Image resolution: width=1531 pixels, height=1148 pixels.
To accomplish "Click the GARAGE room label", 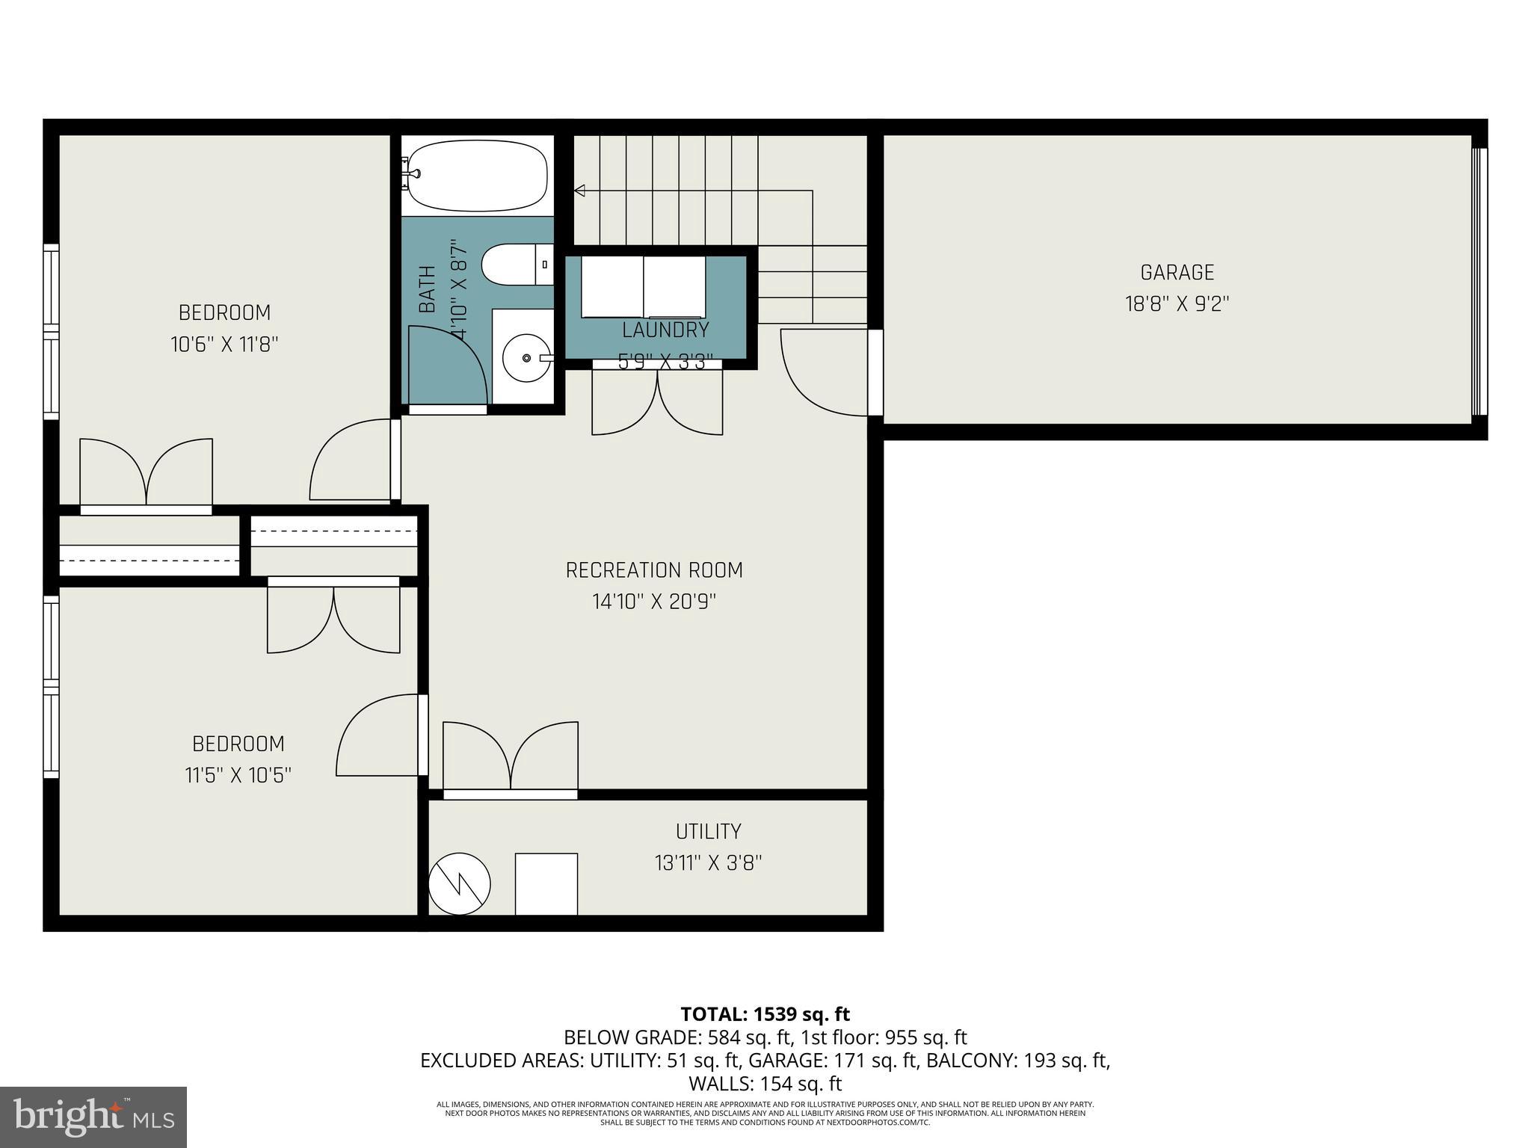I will tap(1177, 273).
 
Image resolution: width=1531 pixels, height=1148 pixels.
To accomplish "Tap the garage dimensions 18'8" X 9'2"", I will tap(1177, 304).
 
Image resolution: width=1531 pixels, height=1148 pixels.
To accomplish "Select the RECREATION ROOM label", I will tap(654, 570).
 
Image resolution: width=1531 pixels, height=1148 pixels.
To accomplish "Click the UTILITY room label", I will tap(708, 831).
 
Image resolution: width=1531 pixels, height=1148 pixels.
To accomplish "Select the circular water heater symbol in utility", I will tap(460, 883).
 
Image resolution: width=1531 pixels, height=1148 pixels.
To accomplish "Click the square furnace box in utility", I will tap(546, 883).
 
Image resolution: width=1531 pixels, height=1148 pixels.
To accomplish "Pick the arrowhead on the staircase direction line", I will tap(579, 191).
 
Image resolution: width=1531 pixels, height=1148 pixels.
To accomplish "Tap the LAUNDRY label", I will tap(665, 330).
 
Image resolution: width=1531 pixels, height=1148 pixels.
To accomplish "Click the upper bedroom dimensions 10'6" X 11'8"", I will tap(224, 345).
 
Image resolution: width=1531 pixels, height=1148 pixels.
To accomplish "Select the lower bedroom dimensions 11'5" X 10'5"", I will tap(238, 775).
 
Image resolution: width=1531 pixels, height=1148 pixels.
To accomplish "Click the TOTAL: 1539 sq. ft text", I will tap(765, 1014).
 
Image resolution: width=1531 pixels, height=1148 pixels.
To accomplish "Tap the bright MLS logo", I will tap(93, 1117).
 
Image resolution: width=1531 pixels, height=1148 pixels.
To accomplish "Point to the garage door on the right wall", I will tap(1479, 281).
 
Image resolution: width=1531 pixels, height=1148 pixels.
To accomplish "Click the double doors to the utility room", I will tap(511, 759).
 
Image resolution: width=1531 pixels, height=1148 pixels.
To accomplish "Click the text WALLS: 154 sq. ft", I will tap(765, 1083).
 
